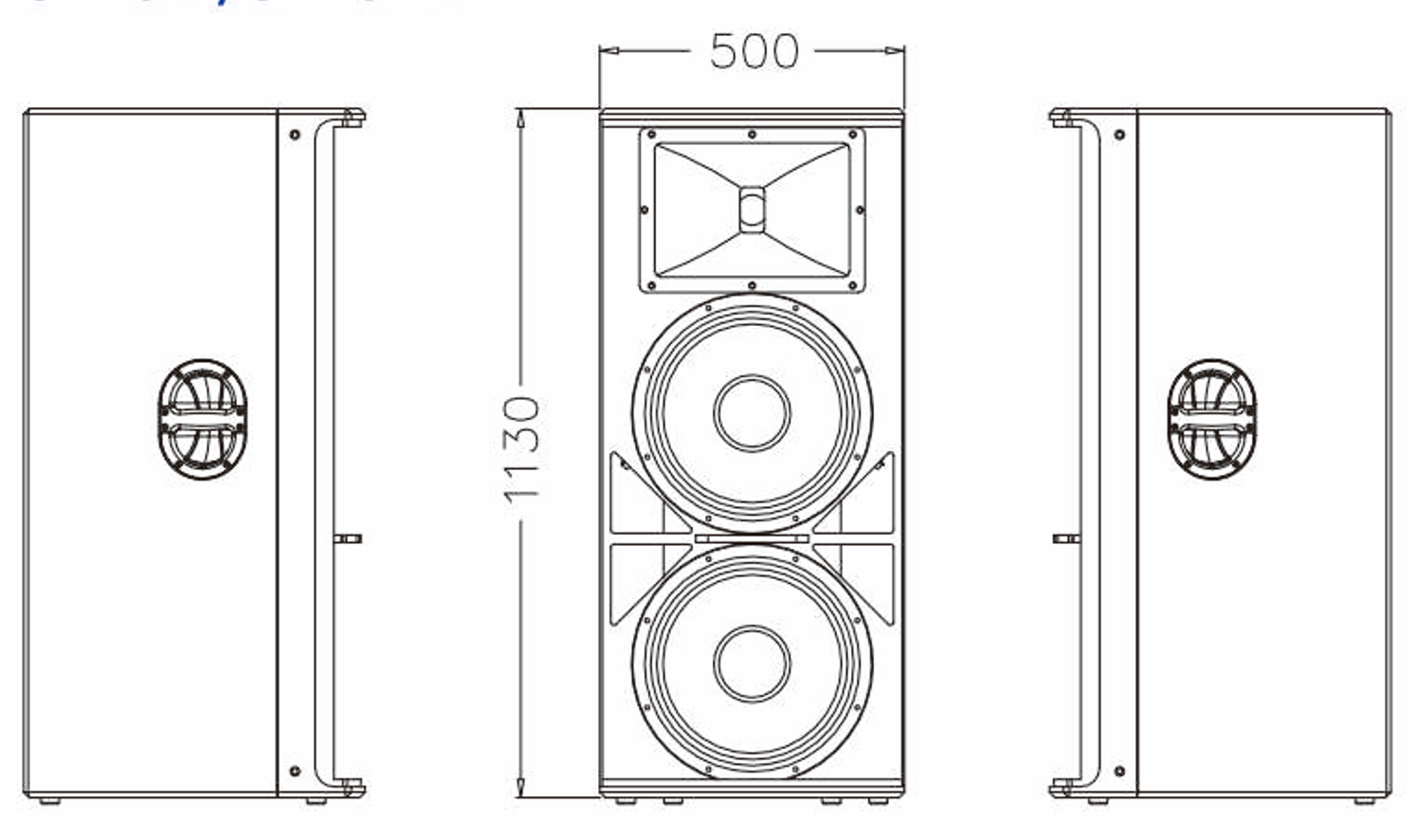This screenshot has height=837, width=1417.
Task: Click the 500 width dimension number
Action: (x=754, y=51)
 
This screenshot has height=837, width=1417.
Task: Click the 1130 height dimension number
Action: (x=521, y=448)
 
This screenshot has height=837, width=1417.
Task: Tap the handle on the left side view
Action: (x=202, y=418)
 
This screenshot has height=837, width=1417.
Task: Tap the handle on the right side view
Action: (x=1211, y=418)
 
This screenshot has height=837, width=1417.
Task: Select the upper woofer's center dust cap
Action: (x=752, y=412)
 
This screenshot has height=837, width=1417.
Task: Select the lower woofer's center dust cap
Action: (x=752, y=663)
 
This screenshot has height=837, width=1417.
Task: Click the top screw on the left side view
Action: (x=295, y=136)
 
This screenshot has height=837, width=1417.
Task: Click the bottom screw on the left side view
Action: (x=295, y=772)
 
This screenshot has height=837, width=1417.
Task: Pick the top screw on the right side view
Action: (x=1119, y=136)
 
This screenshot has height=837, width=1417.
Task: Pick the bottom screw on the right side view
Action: (x=1119, y=772)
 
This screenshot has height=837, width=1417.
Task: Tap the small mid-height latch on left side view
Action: (x=348, y=538)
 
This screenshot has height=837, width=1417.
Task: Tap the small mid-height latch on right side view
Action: (x=1066, y=538)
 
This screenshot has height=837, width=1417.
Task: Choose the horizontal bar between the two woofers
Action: (x=752, y=538)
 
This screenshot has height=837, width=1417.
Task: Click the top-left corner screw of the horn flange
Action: (x=650, y=136)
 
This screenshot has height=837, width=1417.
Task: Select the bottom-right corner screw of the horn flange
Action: (x=853, y=284)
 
